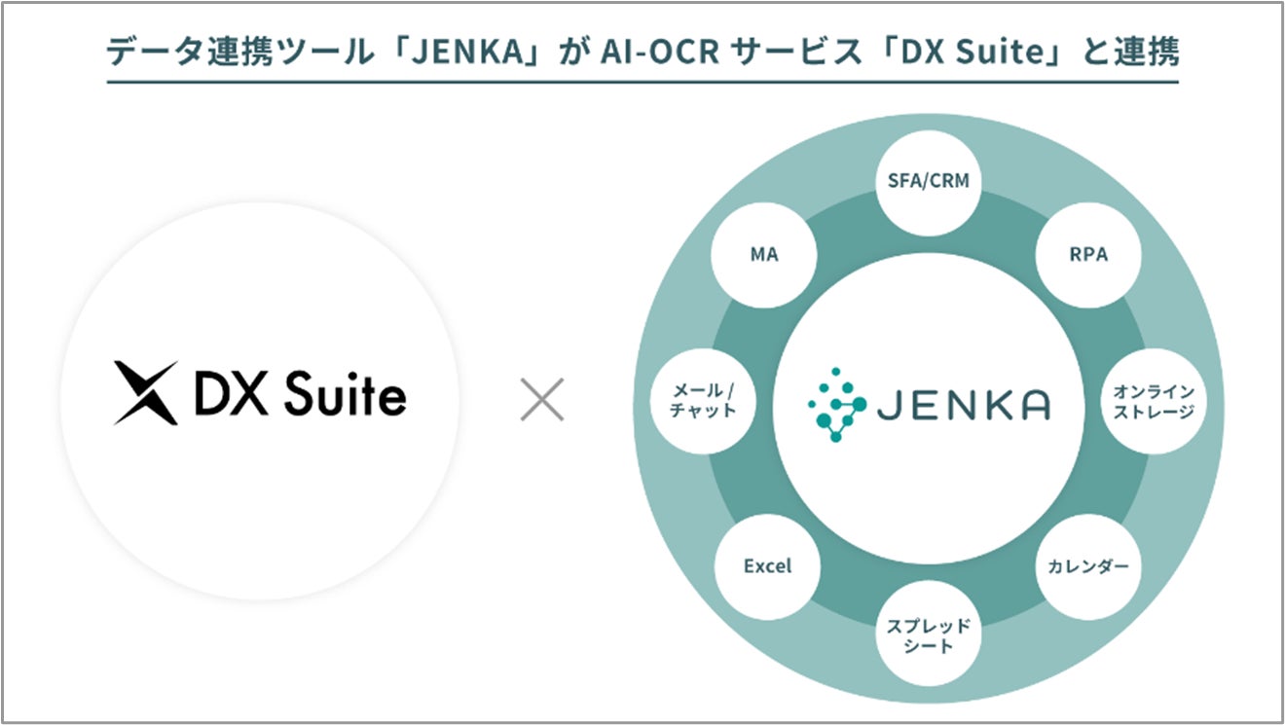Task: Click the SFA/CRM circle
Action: pos(929,180)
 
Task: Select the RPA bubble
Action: pos(1086,255)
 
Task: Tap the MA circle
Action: pos(764,255)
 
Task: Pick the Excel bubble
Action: pos(767,565)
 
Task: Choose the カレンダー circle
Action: pos(1088,565)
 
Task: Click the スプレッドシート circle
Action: pos(928,636)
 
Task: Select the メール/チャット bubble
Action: pos(703,401)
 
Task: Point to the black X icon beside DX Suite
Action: pos(146,393)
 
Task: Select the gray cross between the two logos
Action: pos(542,400)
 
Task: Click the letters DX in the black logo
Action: pos(229,394)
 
